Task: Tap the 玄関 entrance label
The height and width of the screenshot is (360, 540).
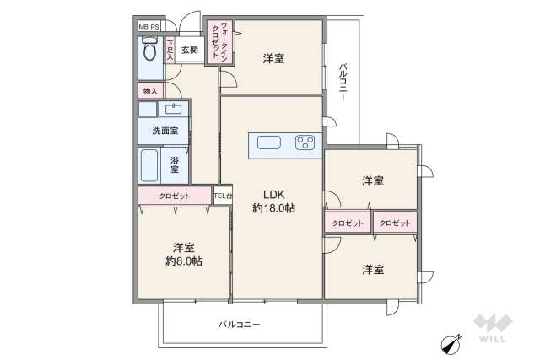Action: (189, 50)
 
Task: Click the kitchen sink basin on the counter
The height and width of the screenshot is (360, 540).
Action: (269, 142)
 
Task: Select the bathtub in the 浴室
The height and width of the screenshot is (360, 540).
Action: (150, 164)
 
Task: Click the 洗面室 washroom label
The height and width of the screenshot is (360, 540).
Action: (165, 131)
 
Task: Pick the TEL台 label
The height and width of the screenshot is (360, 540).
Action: (222, 196)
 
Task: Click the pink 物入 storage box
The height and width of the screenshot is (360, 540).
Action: (150, 90)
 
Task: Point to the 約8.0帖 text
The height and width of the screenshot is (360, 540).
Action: (185, 261)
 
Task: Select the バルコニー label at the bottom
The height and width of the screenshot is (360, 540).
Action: (239, 324)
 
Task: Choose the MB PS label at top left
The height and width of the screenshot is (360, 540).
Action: (149, 27)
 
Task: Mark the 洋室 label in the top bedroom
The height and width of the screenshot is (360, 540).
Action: (273, 58)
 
